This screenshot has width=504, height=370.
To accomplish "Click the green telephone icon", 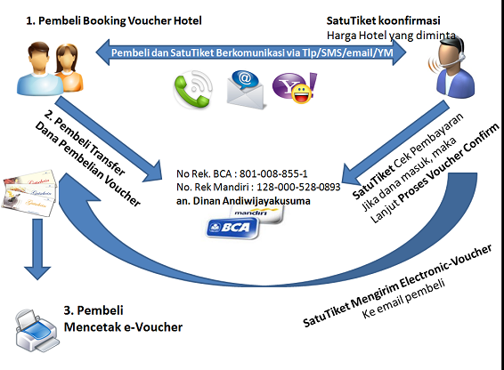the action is click(x=193, y=90).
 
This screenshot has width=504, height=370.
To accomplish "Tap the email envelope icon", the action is click(x=246, y=89).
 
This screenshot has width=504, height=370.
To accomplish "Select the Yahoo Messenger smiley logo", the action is click(x=295, y=88).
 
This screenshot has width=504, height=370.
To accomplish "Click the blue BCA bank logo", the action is click(x=232, y=228).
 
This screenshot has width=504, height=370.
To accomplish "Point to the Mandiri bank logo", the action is click(x=256, y=213).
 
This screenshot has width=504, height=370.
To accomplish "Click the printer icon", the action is click(x=37, y=331).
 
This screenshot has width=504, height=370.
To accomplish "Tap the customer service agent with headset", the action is click(x=451, y=68).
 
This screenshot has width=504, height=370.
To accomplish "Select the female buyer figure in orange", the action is click(x=69, y=68).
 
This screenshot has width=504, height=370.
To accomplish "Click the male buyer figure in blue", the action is click(x=39, y=68).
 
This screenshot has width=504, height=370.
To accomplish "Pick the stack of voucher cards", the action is click(x=29, y=193).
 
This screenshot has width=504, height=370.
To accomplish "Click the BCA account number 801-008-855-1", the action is click(x=273, y=173).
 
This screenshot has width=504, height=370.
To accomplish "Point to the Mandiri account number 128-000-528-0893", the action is click(x=298, y=187).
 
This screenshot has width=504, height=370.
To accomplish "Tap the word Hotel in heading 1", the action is click(x=187, y=20).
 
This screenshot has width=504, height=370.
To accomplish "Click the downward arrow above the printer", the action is click(x=37, y=249).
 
